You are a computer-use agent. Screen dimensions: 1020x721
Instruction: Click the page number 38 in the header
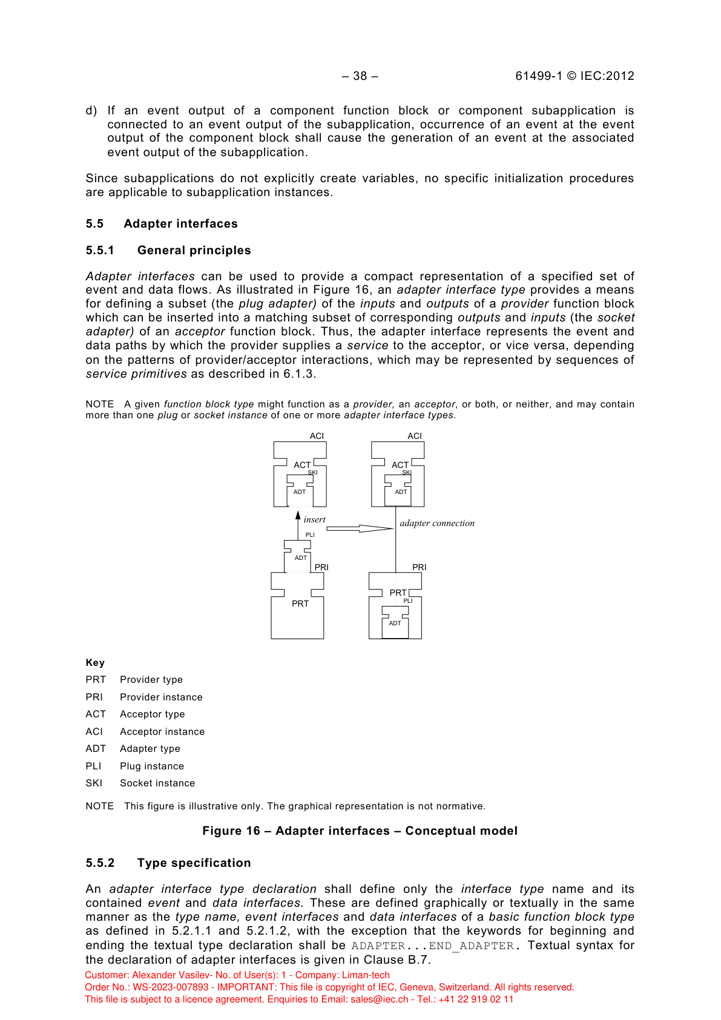coord(360,76)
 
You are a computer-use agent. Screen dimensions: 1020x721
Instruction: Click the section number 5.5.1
coord(100,251)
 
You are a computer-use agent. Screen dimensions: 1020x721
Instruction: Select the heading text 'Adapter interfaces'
coord(180,224)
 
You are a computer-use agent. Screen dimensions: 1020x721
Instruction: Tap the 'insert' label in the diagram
coord(314,519)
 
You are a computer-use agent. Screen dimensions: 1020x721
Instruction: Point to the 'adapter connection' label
coord(437,523)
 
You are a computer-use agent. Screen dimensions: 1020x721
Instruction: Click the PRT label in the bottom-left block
coord(300,604)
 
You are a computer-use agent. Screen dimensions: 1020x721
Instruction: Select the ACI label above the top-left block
coord(317,436)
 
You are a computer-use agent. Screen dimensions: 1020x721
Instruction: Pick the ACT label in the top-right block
coord(400,465)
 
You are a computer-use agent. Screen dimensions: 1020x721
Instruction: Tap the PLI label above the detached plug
coord(310,535)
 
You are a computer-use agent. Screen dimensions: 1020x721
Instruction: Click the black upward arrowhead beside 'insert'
coord(298,515)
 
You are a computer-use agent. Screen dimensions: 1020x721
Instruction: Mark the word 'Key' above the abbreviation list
coord(95,663)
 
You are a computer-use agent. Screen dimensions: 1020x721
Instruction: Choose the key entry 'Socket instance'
coord(157,783)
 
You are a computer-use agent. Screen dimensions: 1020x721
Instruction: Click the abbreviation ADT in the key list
coord(96,749)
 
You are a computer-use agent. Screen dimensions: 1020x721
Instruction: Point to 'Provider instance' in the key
coord(161,697)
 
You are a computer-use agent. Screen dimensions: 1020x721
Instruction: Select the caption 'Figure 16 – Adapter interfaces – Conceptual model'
coord(360,831)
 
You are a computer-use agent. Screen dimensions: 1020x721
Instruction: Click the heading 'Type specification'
coord(194,863)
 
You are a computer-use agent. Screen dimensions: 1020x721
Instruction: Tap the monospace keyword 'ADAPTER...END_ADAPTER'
coord(433,946)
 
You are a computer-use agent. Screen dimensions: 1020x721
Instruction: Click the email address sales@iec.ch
coord(380,999)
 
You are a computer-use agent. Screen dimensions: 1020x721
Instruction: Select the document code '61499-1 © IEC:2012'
coord(574,76)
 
